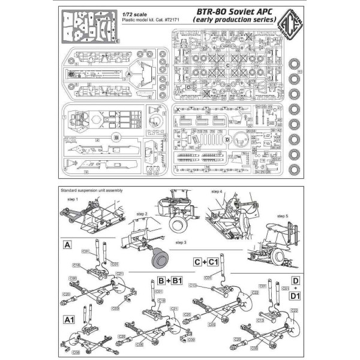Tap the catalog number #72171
155,19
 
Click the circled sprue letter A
128,73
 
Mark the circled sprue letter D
227,139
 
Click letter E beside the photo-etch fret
117,41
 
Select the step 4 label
217,191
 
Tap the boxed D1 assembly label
295,295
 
